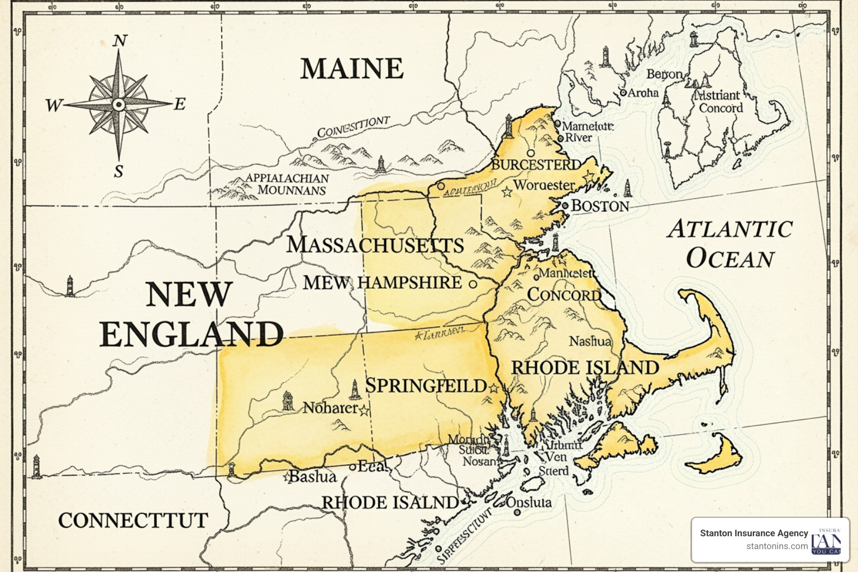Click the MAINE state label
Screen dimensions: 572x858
[352, 69]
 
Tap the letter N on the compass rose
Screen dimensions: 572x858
[120, 41]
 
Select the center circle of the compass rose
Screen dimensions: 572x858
[118, 104]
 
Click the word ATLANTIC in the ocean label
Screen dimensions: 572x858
[730, 229]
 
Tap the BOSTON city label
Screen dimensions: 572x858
[600, 206]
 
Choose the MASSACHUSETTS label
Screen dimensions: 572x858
[375, 245]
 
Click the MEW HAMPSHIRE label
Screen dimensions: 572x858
[383, 283]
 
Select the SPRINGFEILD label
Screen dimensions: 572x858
[426, 386]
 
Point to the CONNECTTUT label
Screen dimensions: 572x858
[133, 521]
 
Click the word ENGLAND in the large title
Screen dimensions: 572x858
[192, 334]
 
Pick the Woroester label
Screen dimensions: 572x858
[544, 185]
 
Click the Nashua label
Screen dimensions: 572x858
[590, 341]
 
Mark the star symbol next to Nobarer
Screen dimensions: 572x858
[364, 411]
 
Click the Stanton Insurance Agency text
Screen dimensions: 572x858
[754, 533]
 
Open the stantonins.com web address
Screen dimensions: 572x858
[776, 546]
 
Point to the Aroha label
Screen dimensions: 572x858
[643, 93]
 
